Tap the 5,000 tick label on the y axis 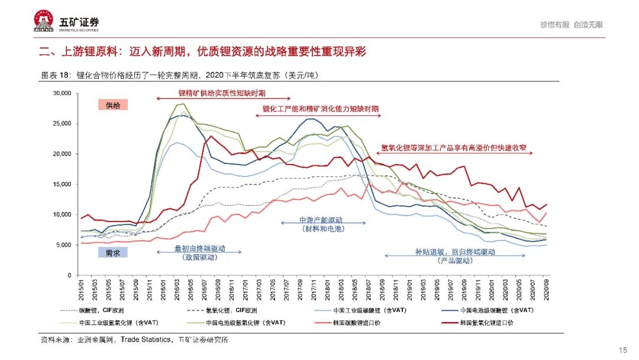click(63, 245)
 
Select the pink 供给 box click(112, 105)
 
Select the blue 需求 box click(112, 252)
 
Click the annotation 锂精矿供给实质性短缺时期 click(222, 93)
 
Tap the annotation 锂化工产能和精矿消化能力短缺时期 click(321, 110)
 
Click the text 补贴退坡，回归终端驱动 click(454, 252)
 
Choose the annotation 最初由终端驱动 click(199, 249)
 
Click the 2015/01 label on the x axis click(81, 290)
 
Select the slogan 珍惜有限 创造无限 click(571, 25)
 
